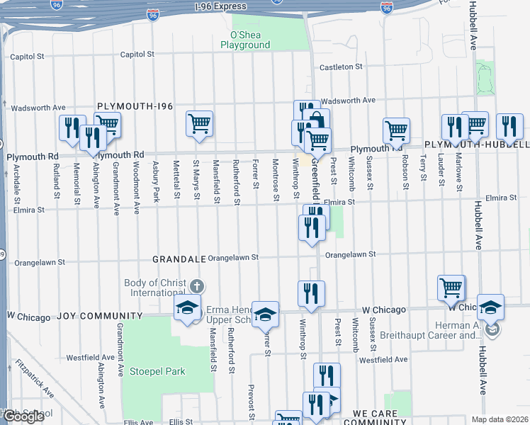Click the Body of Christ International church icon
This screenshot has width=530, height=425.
tap(196, 286)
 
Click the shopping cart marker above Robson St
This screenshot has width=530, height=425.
tap(396, 130)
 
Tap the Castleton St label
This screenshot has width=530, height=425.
tap(340, 67)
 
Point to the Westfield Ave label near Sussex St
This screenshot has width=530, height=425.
tap(383, 360)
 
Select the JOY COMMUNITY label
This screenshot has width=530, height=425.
tap(89, 316)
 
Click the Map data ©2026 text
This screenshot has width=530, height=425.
tap(501, 419)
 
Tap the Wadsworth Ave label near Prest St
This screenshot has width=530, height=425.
tap(348, 101)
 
